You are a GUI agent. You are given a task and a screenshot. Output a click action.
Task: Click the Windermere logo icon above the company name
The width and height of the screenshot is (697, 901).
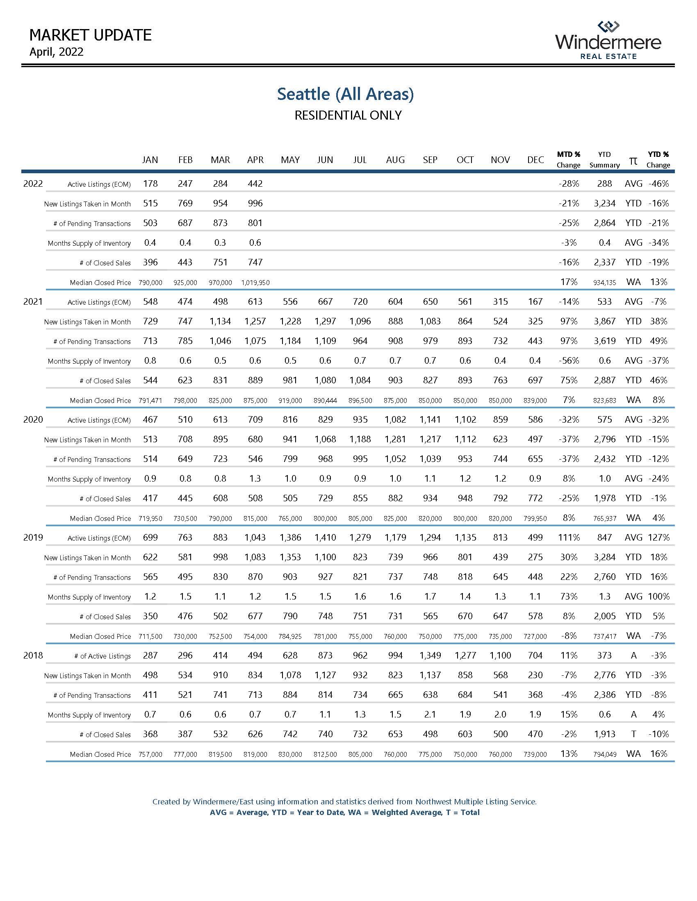pyautogui.click(x=608, y=27)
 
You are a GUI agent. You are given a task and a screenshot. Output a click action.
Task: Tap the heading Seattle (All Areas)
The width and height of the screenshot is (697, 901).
pyautogui.click(x=345, y=94)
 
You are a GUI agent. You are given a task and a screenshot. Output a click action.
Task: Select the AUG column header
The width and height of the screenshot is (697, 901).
pyautogui.click(x=395, y=160)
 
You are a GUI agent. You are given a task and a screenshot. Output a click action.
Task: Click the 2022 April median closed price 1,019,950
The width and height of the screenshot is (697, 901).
pyautogui.click(x=255, y=283)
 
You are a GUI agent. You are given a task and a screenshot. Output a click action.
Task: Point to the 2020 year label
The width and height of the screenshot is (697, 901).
pyautogui.click(x=33, y=419)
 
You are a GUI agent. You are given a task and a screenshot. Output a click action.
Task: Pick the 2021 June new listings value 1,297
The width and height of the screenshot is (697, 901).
pyautogui.click(x=325, y=321)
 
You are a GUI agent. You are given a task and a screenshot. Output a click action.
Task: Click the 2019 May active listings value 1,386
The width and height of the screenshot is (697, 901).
pyautogui.click(x=290, y=538)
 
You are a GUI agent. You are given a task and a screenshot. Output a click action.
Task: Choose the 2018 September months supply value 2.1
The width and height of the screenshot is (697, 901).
pyautogui.click(x=430, y=715)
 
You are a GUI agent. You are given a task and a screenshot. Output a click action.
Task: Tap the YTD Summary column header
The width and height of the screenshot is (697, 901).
pyautogui.click(x=604, y=160)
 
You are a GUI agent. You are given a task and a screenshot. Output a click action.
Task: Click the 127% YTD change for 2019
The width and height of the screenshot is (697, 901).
pyautogui.click(x=658, y=538)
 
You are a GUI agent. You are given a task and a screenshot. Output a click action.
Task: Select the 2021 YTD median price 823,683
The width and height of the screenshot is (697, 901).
pyautogui.click(x=604, y=400)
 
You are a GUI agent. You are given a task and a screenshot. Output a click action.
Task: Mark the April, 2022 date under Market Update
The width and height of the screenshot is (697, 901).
pyautogui.click(x=56, y=52)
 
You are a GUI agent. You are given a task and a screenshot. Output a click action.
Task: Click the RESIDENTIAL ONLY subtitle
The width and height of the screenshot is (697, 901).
pyautogui.click(x=348, y=115)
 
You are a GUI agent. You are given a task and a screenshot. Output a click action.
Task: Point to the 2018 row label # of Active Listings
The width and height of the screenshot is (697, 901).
pyautogui.click(x=102, y=656)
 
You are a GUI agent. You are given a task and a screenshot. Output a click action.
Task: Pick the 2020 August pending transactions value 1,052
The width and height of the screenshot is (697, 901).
pyautogui.click(x=395, y=459)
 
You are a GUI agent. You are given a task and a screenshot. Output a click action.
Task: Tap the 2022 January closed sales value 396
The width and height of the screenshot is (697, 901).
pyautogui.click(x=150, y=263)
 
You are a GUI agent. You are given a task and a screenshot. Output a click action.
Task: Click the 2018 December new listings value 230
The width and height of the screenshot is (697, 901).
pyautogui.click(x=535, y=675)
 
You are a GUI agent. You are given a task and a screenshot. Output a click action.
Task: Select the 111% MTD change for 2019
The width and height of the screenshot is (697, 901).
pyautogui.click(x=569, y=538)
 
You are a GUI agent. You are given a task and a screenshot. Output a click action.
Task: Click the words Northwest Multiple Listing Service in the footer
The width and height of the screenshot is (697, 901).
pyautogui.click(x=476, y=801)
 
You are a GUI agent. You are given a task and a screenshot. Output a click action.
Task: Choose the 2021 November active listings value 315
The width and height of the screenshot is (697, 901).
pyautogui.click(x=500, y=301)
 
